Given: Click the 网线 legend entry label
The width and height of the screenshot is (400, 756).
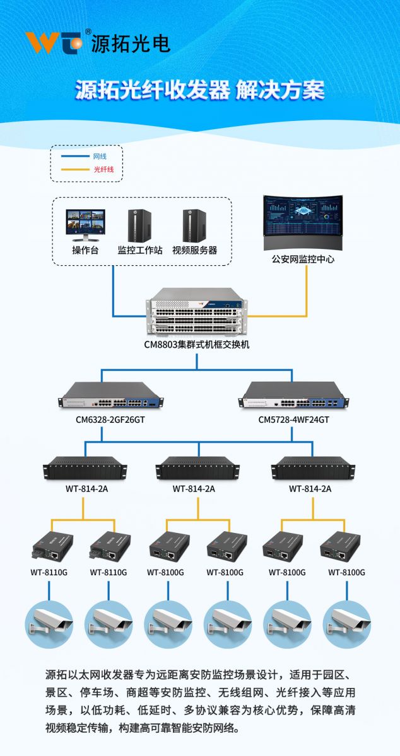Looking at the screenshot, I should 100,156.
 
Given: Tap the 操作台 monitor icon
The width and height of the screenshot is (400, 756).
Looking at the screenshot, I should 86,225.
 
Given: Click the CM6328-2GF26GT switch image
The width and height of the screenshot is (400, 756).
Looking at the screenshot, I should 111,395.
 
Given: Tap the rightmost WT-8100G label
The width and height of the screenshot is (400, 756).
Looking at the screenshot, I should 346,573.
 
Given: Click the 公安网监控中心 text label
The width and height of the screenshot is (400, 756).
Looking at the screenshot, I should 303,259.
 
